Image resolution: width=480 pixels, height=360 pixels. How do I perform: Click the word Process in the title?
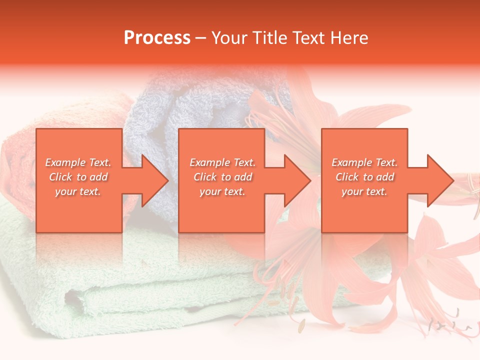[157, 38]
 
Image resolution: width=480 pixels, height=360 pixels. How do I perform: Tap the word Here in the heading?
[349, 38]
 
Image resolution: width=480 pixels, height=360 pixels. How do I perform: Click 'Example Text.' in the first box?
[78, 162]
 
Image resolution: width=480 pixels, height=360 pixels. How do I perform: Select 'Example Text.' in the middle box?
[222, 162]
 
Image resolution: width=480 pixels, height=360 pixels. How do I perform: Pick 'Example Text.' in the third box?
[364, 162]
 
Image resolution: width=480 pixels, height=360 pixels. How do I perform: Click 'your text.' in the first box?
[78, 191]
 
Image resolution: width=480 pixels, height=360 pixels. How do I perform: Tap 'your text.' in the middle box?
[222, 191]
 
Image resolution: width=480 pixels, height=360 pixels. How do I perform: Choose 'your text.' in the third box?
[364, 191]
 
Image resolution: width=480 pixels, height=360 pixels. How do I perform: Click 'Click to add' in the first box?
[78, 177]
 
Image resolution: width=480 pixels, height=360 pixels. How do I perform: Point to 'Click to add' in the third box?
[365, 177]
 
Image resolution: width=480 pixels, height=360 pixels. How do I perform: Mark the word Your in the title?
[229, 38]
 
